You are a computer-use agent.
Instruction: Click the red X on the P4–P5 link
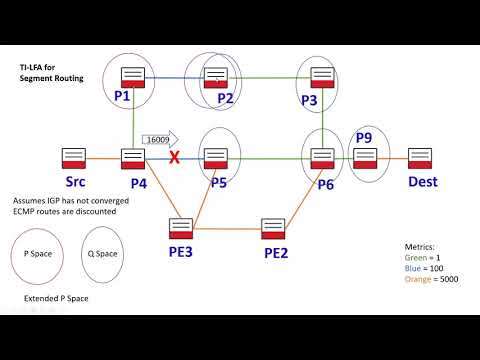[174, 157]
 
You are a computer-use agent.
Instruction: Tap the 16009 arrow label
[159, 140]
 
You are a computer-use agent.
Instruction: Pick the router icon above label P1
[132, 76]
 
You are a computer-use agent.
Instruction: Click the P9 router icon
[364, 158]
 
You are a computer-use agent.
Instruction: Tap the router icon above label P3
[322, 76]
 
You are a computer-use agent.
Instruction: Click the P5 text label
[219, 182]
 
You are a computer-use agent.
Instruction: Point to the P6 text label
[327, 184]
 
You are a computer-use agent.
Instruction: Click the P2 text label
[225, 98]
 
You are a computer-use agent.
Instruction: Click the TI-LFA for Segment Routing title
[51, 71]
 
